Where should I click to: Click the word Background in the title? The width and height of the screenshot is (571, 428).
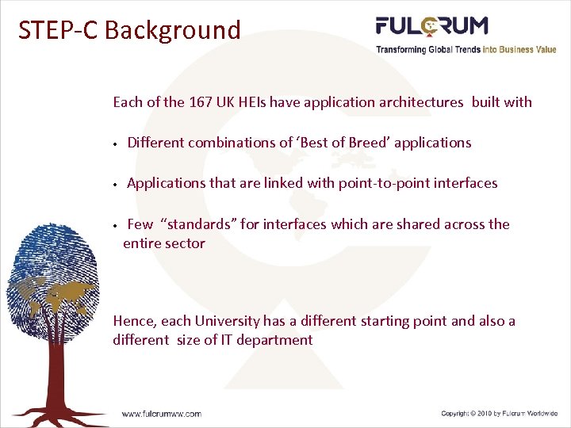pyautogui.click(x=172, y=30)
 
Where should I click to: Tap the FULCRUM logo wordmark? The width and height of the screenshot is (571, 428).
pyautogui.click(x=431, y=26)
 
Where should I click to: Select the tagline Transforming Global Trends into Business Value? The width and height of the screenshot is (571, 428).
pyautogui.click(x=466, y=49)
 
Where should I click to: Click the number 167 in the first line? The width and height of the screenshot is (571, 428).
pyautogui.click(x=201, y=102)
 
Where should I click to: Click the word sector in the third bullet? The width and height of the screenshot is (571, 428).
pyautogui.click(x=184, y=243)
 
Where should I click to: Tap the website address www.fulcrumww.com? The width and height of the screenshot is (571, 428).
pyautogui.click(x=161, y=414)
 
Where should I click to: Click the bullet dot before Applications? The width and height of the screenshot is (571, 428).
pyautogui.click(x=115, y=184)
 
